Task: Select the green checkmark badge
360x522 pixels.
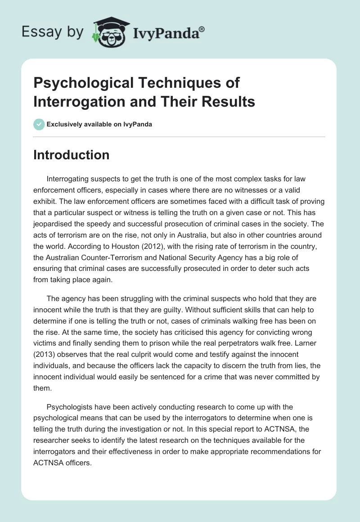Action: [39, 124]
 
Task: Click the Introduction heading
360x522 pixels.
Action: [72, 155]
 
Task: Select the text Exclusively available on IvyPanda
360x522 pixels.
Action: [99, 124]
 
